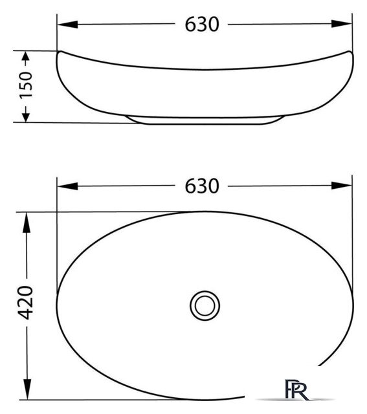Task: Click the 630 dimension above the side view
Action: pos(203,25)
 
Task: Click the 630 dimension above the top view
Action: pos(203,186)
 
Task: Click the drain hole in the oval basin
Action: pos(205,303)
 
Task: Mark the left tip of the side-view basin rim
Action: pos(58,52)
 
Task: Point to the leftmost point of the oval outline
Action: pos(58,304)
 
